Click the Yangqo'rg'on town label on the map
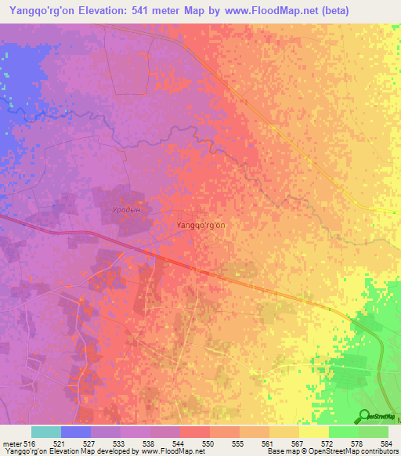200,225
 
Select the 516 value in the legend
30,443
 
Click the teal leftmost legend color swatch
46,432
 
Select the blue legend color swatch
76,432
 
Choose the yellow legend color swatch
314,432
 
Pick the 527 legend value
91,443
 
